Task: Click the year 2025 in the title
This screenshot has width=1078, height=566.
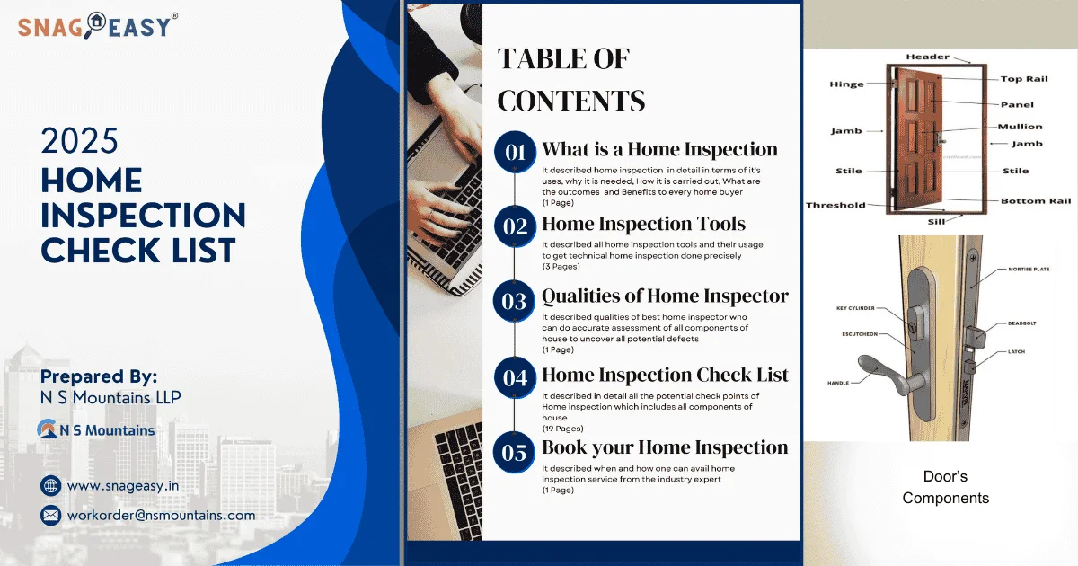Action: tap(80, 142)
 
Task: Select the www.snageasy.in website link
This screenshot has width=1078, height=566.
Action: tap(123, 486)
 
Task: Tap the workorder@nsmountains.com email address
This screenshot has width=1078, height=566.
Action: tap(162, 515)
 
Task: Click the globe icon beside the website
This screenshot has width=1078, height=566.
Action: tap(51, 486)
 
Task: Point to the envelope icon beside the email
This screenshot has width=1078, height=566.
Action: tap(51, 515)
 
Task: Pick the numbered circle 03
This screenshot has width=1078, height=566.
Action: tap(515, 301)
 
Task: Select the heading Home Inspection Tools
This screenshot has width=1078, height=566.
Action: tap(643, 225)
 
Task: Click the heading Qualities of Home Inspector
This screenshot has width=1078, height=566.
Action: tap(665, 296)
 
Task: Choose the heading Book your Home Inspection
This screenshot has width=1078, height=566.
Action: tap(665, 447)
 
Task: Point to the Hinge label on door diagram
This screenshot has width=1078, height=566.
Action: tap(846, 84)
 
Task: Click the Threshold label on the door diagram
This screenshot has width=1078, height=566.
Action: tap(835, 205)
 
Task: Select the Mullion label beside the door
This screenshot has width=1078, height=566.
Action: tap(1020, 127)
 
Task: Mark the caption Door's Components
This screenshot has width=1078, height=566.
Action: tap(945, 487)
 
